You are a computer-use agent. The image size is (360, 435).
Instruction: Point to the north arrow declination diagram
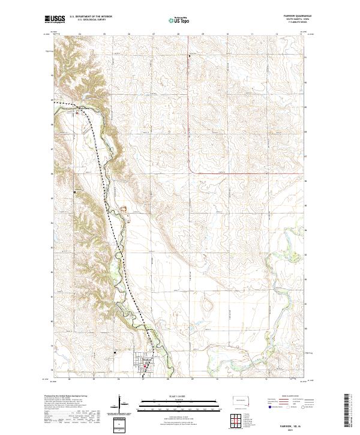[121, 404]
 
